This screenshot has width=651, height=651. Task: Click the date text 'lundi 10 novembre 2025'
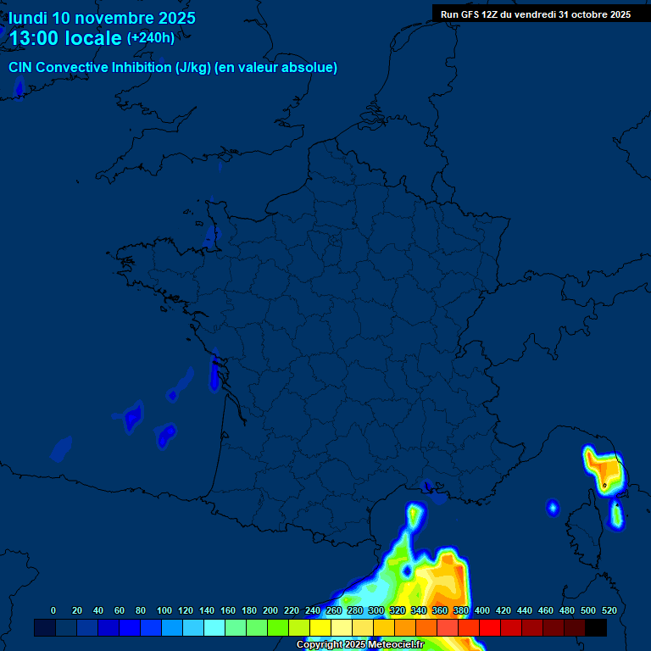[x=102, y=18]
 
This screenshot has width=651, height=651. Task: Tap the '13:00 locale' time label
[x=65, y=38]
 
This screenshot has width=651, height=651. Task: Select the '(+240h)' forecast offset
[x=151, y=37]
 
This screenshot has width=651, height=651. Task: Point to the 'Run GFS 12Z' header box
[x=535, y=14]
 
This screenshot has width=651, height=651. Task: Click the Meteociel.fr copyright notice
[x=359, y=645]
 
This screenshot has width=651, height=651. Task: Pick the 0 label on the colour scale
[x=53, y=610]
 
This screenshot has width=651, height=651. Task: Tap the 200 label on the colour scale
[x=270, y=610]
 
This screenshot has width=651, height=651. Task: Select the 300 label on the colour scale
[x=376, y=610]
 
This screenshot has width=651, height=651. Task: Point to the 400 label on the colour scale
[x=482, y=610]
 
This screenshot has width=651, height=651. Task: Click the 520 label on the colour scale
[x=609, y=610]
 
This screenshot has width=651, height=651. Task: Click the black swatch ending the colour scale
[x=596, y=628]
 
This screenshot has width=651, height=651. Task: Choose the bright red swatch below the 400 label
[x=490, y=628]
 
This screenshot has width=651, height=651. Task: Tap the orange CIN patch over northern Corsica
[x=605, y=469]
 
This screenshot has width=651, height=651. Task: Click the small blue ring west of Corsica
[x=553, y=508]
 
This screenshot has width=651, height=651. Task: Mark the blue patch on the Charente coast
[x=214, y=373]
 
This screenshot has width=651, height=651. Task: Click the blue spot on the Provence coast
[x=428, y=487]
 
